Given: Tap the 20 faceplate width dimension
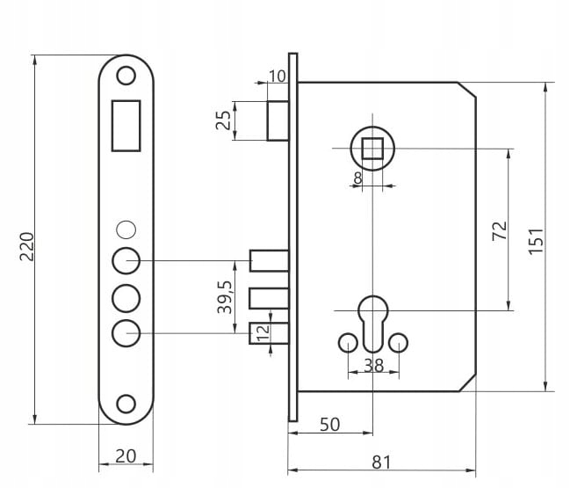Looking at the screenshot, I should (x=126, y=455).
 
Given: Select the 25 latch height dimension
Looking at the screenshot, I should (x=225, y=120).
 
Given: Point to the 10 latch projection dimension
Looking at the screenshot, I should (x=277, y=76).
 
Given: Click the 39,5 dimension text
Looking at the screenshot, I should (x=224, y=297).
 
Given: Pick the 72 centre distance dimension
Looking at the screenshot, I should (x=498, y=231).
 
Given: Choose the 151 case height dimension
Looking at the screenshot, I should (x=536, y=239).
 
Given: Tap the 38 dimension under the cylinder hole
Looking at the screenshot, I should (x=373, y=365).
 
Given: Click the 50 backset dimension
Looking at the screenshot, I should (x=329, y=424).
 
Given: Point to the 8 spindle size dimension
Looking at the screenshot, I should (x=357, y=178).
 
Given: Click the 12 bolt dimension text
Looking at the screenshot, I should (x=262, y=333).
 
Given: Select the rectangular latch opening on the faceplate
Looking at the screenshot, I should (x=126, y=124).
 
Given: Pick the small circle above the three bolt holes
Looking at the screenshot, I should (x=126, y=229).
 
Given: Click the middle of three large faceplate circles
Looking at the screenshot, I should (x=126, y=297).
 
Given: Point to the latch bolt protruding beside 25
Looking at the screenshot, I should (x=278, y=120).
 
